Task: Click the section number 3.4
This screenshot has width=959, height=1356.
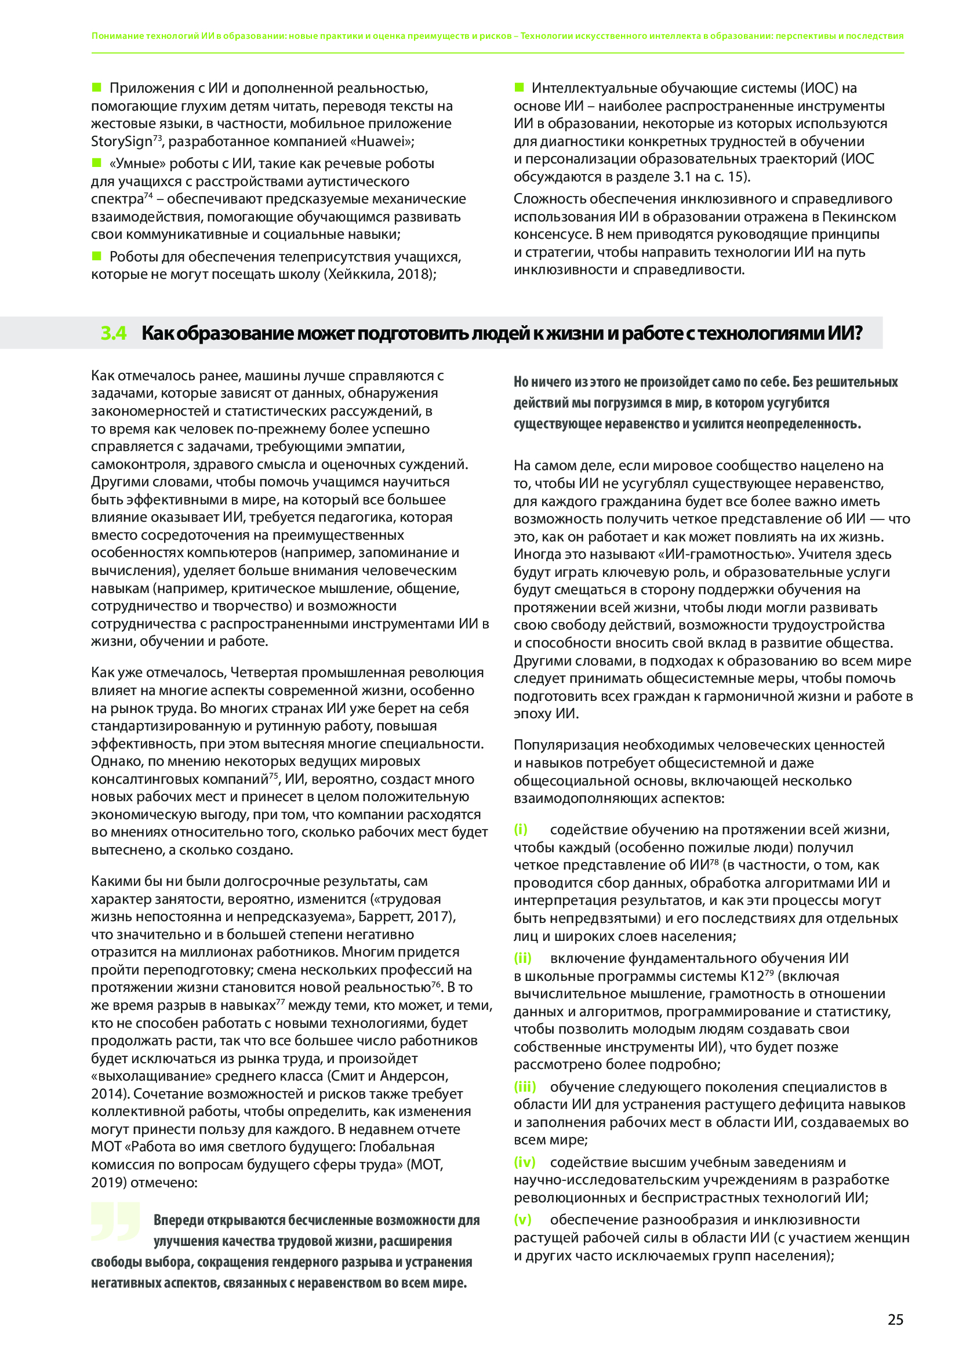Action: coord(114,333)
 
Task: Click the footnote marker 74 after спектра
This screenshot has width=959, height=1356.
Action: coord(148,195)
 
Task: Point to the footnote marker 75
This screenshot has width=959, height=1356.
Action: coord(274,776)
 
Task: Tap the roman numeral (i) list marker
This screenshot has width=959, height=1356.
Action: coord(520,829)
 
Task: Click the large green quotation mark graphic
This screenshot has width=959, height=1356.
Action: coord(116,1222)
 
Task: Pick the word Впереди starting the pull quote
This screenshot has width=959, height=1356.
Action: coord(179,1220)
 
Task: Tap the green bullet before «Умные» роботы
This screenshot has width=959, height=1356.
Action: coord(96,162)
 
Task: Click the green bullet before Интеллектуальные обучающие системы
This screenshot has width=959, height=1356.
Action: coord(519,88)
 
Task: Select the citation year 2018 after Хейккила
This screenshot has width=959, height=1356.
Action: coord(416,275)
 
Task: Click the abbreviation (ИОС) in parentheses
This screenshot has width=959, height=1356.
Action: coord(819,89)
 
